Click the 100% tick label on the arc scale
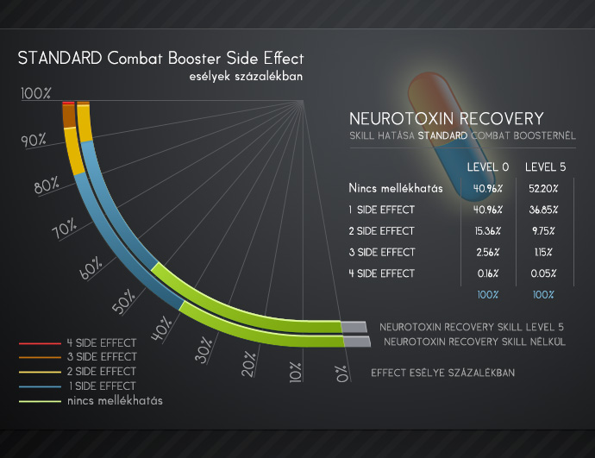click(35, 93)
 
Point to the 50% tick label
click(123, 302)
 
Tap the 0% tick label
click(341, 373)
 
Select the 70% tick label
click(64, 229)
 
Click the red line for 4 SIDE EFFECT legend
click(40, 343)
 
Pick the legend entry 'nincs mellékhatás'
click(115, 400)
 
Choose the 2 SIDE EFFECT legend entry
click(101, 371)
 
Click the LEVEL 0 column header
click(487, 167)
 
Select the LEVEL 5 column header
click(545, 167)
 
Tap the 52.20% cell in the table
click(543, 189)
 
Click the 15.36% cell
click(487, 231)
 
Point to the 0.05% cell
click(543, 273)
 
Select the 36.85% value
click(543, 210)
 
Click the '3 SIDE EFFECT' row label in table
click(382, 253)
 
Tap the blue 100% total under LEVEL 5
click(543, 295)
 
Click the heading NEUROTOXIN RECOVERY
click(447, 119)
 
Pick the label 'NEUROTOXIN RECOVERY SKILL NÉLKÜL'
click(474, 342)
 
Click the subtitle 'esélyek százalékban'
click(246, 76)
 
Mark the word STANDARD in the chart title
click(60, 58)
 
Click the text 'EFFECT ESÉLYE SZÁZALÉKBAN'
click(443, 373)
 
